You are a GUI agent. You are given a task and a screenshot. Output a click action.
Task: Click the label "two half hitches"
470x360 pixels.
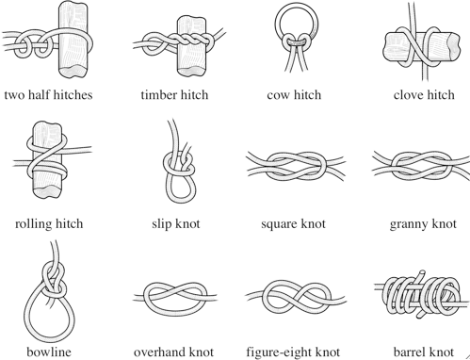pos(48,95)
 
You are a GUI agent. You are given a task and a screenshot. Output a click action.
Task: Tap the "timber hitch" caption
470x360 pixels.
pos(174,95)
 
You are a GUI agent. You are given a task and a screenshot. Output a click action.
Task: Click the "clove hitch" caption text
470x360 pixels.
pos(424,95)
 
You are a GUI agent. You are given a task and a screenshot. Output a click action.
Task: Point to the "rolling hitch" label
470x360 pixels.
pos(49,224)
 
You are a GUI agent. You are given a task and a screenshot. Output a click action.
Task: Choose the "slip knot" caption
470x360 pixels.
pos(176,224)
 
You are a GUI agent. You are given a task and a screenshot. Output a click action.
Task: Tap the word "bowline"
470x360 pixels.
pos(49,352)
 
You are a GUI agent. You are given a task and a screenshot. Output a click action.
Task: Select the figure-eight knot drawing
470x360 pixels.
pos(296,298)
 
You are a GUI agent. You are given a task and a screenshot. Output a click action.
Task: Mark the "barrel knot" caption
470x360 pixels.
pos(424,352)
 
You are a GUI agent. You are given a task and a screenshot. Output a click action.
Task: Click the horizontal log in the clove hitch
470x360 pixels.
pos(452,47)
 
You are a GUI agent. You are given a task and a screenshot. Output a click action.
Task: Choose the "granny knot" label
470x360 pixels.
pos(423,224)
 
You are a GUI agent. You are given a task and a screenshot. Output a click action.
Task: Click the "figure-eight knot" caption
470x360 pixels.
pos(293,352)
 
